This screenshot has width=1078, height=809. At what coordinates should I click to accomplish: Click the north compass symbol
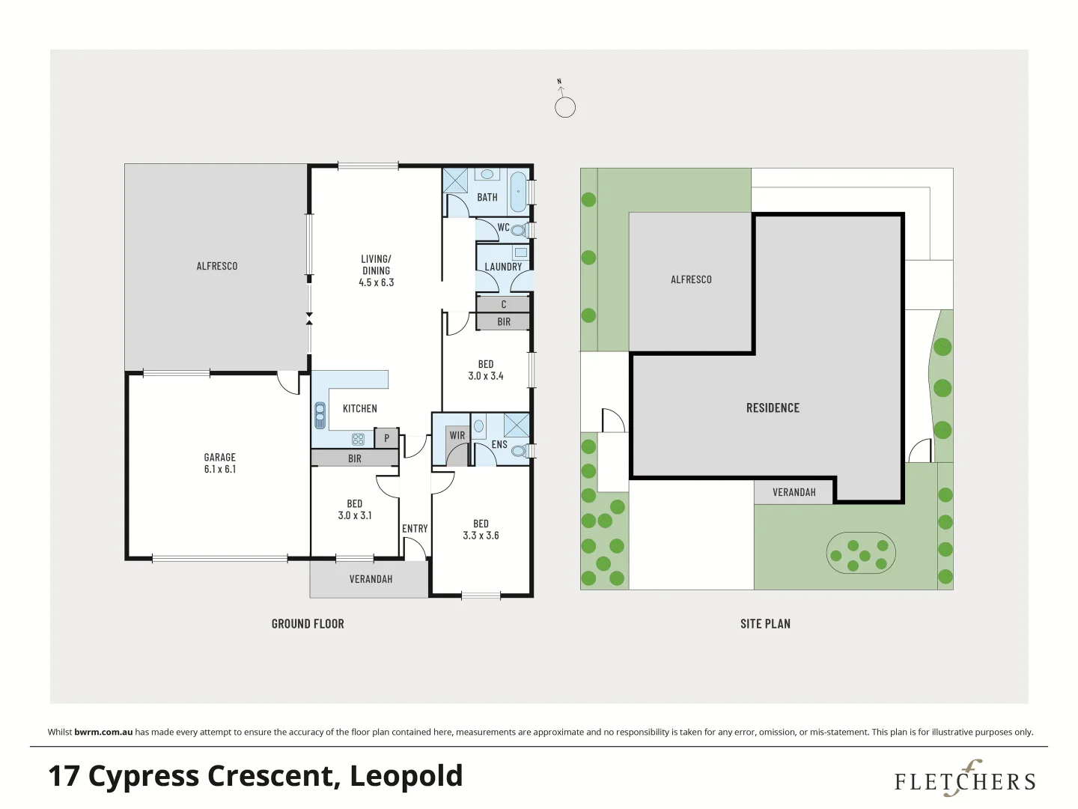(565, 106)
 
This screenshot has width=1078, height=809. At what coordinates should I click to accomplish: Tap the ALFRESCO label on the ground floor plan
(217, 266)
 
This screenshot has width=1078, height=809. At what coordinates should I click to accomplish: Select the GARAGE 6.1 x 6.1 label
(220, 463)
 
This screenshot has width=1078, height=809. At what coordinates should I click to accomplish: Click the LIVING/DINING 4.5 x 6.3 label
(376, 270)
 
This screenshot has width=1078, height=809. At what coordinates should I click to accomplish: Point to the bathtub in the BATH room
(518, 192)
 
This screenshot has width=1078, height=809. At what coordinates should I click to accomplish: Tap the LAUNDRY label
(503, 267)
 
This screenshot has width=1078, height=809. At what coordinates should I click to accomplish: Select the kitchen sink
(320, 415)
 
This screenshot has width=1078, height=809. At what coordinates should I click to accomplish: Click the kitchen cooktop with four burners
(358, 439)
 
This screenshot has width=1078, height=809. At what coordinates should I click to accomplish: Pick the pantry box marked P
(386, 438)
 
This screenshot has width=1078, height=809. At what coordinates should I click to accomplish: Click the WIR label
(457, 435)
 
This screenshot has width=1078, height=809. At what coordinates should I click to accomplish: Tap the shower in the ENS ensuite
(516, 425)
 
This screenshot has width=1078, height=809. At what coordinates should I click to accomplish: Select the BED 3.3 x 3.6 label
(481, 530)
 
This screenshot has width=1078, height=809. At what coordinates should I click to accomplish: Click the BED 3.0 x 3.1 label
(355, 509)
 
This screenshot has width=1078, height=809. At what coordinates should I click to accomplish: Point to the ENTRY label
(415, 528)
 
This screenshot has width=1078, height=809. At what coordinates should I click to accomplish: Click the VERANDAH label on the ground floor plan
(371, 579)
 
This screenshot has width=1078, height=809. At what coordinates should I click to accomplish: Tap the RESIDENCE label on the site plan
(773, 407)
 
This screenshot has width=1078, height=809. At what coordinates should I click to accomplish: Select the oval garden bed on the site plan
(861, 554)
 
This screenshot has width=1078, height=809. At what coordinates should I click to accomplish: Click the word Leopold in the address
(406, 776)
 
